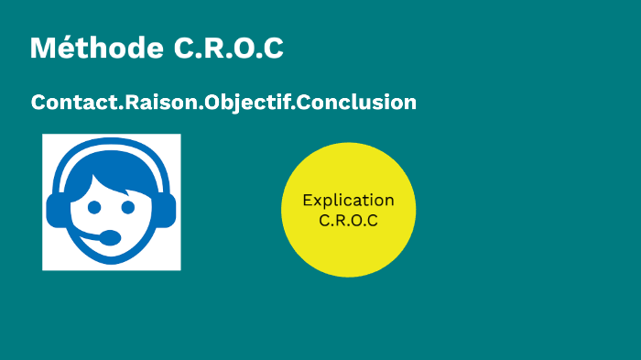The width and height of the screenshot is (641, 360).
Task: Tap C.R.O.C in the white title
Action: tap(229, 49)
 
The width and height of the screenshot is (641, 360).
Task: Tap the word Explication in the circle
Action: tap(348, 201)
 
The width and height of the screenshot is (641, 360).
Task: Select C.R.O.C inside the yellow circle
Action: tap(348, 220)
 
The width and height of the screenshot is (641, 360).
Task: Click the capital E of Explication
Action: tap(308, 201)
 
